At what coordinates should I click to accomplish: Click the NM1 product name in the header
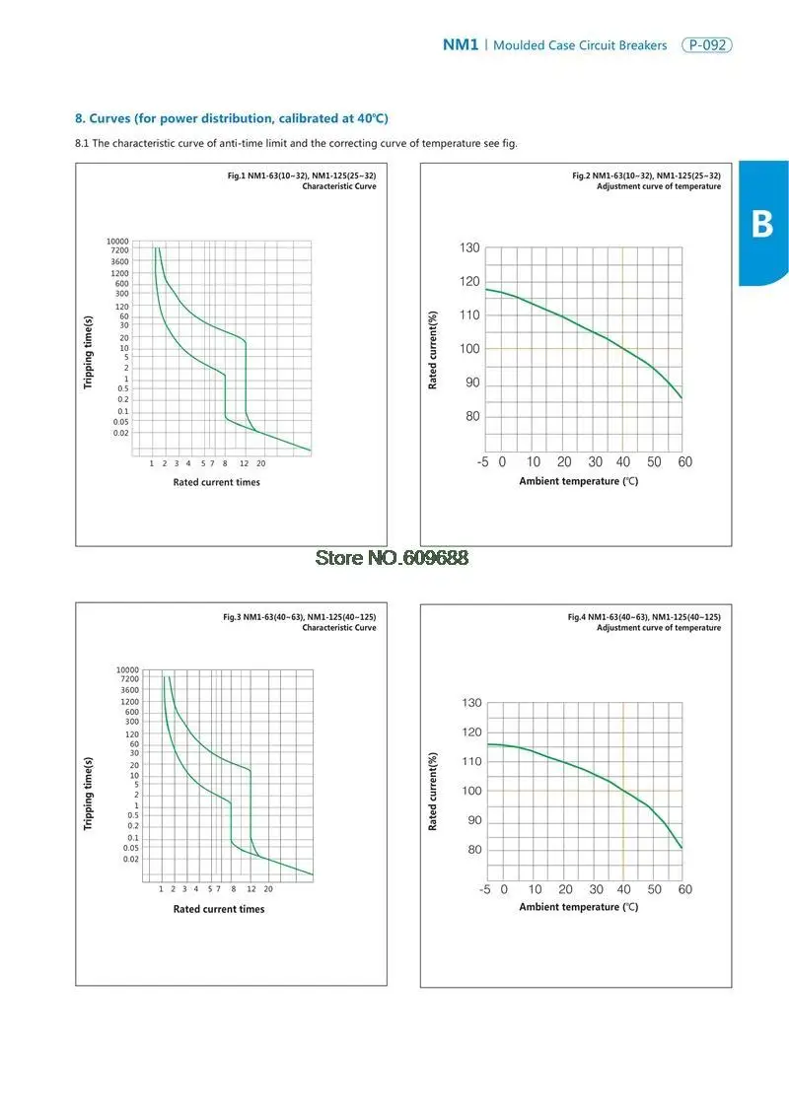tap(460, 45)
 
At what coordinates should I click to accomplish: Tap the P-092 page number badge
tap(707, 45)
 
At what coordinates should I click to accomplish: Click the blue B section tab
tap(762, 224)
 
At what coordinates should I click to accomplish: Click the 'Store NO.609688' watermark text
tap(392, 557)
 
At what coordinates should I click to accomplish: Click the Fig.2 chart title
tap(646, 180)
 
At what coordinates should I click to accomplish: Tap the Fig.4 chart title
tap(644, 622)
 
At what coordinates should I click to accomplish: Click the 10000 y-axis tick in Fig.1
tap(117, 241)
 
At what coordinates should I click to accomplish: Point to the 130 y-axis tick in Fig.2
tap(469, 247)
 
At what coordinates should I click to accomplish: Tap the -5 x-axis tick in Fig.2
tap(484, 461)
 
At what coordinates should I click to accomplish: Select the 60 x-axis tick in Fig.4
tap(685, 889)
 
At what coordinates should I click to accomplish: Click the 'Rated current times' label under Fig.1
tap(217, 482)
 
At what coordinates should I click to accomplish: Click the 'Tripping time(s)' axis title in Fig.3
tap(89, 793)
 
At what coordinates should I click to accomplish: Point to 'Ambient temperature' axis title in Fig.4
tap(579, 907)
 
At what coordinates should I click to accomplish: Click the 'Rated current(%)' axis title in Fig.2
tap(433, 350)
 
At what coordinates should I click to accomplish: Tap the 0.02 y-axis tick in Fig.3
tap(131, 860)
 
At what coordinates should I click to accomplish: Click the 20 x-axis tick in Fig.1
tap(261, 462)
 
